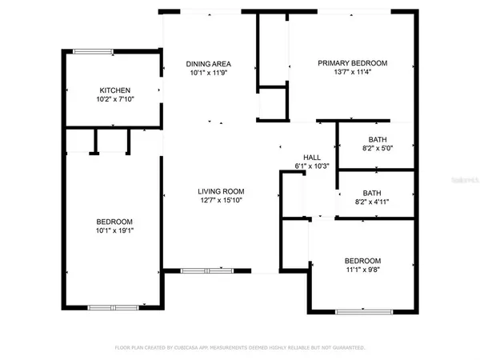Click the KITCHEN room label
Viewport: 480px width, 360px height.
(114, 90)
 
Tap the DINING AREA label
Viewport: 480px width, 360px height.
(209, 63)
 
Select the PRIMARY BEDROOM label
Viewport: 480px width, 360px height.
(352, 63)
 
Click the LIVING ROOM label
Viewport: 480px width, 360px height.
(222, 191)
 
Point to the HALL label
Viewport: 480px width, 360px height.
(311, 157)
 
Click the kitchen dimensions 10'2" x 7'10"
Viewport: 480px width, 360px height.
(114, 100)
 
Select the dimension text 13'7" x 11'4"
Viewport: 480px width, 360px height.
(352, 73)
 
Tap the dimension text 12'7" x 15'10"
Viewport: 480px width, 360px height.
(222, 201)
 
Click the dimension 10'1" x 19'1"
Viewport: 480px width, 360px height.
(115, 230)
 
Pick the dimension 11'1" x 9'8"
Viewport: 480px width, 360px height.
(362, 270)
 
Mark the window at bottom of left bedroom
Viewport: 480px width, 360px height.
(113, 307)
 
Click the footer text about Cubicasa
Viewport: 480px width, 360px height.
(240, 348)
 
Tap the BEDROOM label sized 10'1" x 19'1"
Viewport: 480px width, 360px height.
(115, 221)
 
